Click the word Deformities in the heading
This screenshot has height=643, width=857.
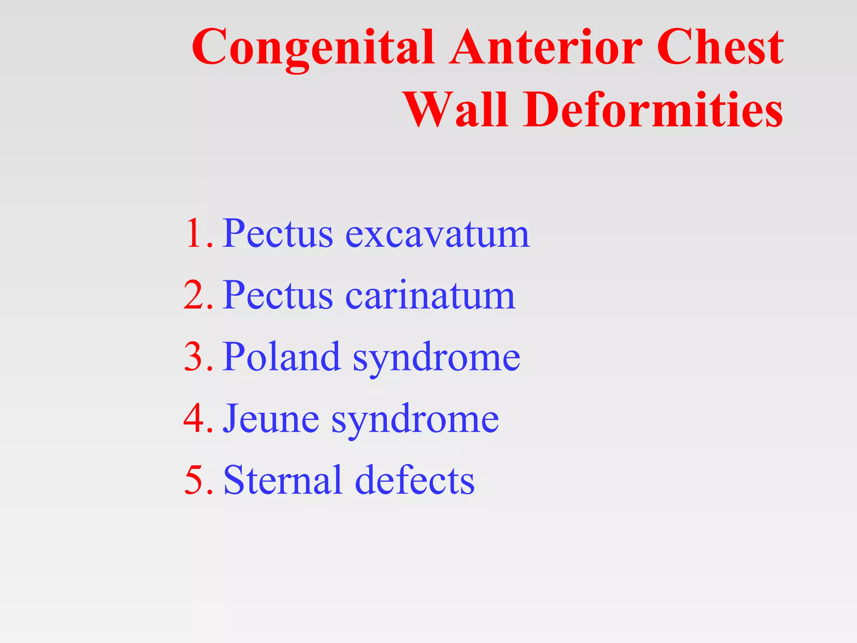653,110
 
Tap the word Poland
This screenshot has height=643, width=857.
281,357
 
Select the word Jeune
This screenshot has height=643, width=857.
271,418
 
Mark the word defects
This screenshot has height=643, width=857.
415,480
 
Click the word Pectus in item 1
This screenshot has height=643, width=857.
278,233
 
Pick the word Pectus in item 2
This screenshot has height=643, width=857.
278,295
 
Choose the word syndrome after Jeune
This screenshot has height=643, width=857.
415,420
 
